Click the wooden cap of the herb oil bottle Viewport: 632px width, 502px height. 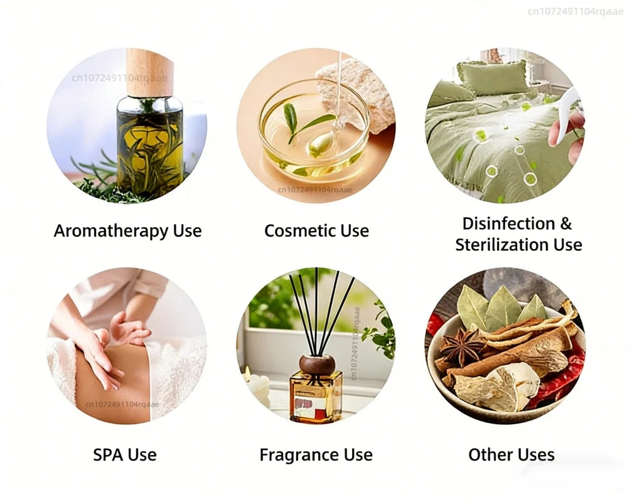(x=149, y=73)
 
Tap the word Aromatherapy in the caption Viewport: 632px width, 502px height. (x=111, y=232)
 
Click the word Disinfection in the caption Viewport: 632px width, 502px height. (x=508, y=223)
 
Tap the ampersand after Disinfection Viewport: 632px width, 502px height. (x=565, y=223)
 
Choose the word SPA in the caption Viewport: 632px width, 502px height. (x=107, y=455)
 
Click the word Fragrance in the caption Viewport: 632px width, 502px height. (x=299, y=456)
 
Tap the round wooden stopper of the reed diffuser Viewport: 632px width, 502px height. (x=317, y=364)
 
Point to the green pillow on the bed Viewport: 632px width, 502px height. (x=492, y=78)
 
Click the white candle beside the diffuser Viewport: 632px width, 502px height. (x=257, y=385)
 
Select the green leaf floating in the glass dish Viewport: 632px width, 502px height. (x=307, y=122)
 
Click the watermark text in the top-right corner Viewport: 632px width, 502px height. (x=576, y=11)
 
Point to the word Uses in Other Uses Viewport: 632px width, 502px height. (x=536, y=455)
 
